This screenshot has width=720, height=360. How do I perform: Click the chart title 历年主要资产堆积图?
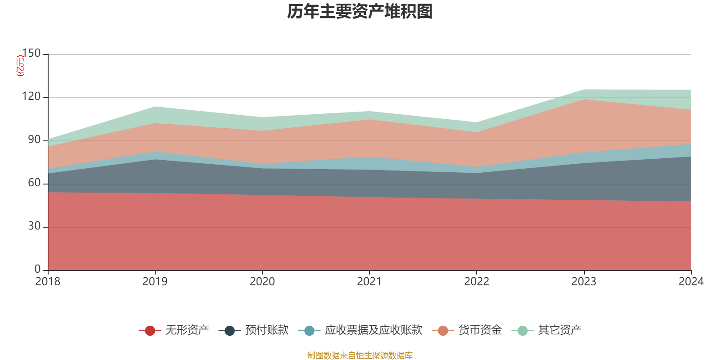(360, 12)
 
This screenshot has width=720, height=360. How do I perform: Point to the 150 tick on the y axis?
(31, 54)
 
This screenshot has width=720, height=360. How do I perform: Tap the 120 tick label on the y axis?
(31, 97)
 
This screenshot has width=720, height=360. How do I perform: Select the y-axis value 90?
(34, 140)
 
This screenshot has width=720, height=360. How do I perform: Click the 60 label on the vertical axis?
(34, 183)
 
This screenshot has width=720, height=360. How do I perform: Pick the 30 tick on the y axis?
(34, 226)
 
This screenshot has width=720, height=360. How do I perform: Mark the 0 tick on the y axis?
(37, 269)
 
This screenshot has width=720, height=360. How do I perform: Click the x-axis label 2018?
(48, 282)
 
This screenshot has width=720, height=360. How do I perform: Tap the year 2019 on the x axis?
(155, 282)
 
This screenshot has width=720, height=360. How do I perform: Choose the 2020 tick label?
(262, 282)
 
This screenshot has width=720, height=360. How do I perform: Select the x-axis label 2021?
(369, 282)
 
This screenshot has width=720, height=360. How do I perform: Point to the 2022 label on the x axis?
(477, 282)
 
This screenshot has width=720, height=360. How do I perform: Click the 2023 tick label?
(584, 282)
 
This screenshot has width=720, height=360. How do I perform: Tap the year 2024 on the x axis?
(691, 282)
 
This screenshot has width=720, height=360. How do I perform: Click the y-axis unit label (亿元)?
(20, 66)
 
